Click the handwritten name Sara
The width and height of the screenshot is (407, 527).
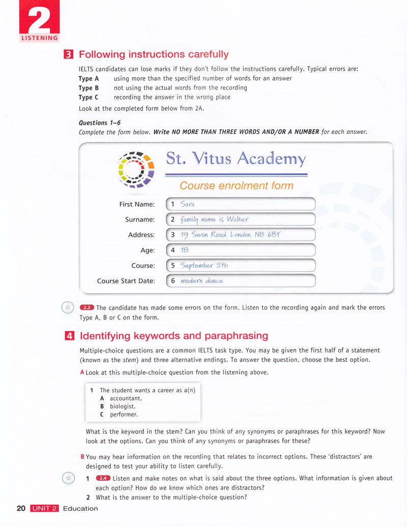(x=188, y=204)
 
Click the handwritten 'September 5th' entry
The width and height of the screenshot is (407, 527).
(x=204, y=266)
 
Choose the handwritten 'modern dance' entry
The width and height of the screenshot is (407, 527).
(x=201, y=281)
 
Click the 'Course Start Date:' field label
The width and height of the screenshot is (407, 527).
(x=126, y=281)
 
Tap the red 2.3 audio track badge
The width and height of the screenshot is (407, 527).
(x=87, y=307)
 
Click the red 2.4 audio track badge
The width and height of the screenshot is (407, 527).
(x=103, y=478)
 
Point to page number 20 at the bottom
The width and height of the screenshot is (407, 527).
(x=21, y=508)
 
